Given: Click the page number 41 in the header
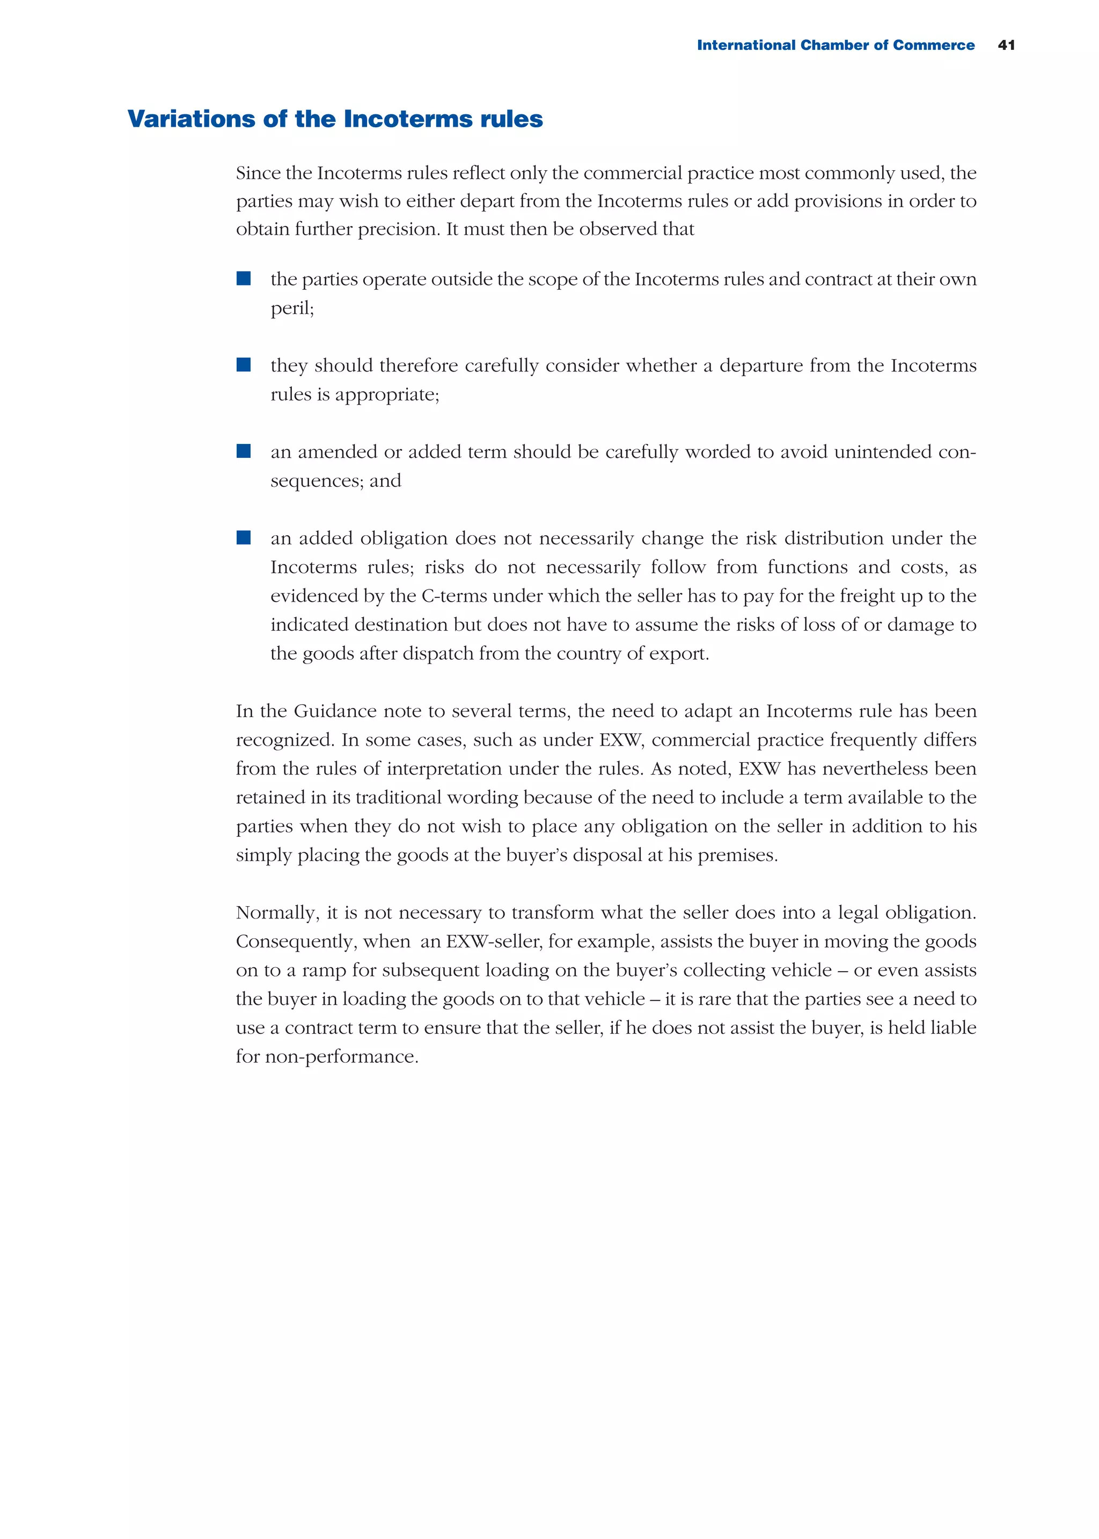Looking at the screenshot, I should [1006, 45].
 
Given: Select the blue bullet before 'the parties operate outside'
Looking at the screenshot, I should [244, 278].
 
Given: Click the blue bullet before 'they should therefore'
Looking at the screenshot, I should [244, 365].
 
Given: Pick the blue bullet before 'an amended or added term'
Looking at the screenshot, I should [244, 451].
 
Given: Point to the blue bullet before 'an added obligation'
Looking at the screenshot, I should [244, 537].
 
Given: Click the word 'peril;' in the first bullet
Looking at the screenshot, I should [292, 309].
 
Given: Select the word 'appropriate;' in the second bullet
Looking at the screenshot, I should [387, 395].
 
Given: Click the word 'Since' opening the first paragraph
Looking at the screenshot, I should [257, 173].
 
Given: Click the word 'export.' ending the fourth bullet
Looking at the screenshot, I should [684, 654].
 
